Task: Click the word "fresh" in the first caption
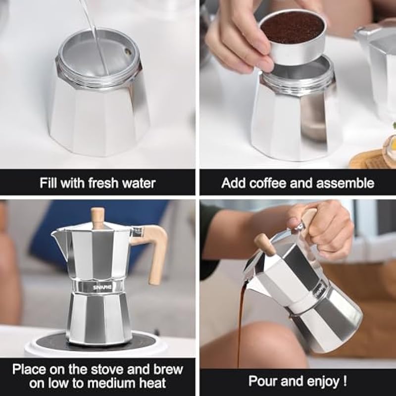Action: [103, 183]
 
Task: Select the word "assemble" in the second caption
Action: [345, 183]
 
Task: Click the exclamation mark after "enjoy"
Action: [345, 381]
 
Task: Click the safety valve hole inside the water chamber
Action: [128, 52]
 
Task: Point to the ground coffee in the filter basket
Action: [293, 28]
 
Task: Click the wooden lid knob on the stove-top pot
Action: [97, 218]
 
